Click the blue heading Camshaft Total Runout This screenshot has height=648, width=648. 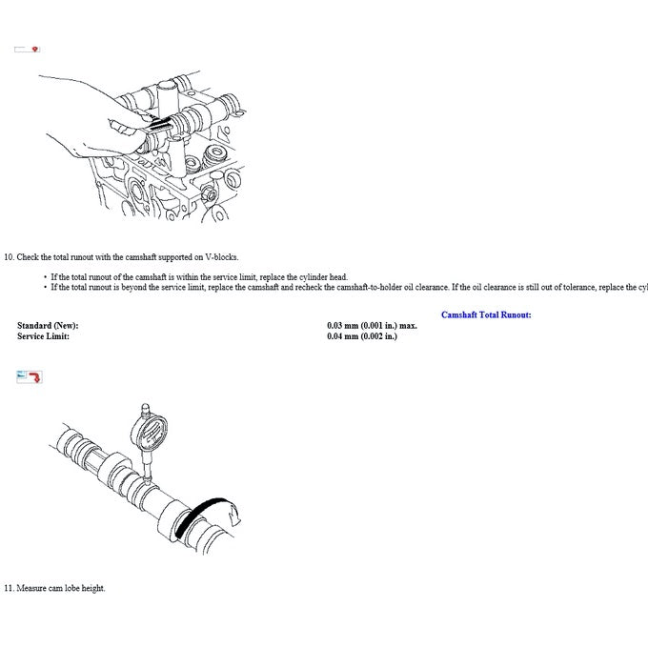486,314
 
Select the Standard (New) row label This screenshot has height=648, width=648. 48,326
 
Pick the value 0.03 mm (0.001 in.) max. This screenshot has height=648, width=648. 372,326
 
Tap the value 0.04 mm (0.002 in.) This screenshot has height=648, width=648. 362,336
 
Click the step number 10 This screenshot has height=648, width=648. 9,257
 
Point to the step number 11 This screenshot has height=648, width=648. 9,588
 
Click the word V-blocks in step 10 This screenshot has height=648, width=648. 223,257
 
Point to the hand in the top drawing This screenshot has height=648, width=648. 91,129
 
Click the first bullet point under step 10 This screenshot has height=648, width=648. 45,277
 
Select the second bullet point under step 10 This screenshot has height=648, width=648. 45,287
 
